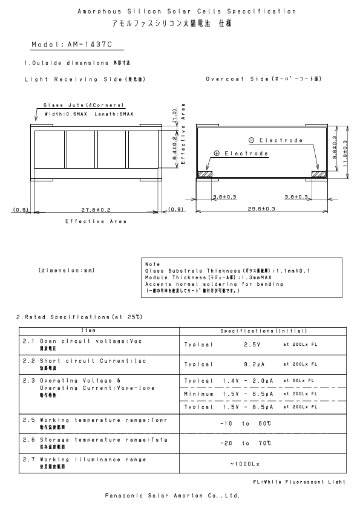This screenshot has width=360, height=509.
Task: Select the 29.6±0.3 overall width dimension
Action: point(261,209)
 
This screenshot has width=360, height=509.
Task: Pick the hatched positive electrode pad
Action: point(206,174)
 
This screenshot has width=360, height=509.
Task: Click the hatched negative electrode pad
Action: point(318,174)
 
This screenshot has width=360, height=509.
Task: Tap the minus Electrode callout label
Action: point(275,140)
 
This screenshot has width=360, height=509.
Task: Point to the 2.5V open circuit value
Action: point(252,344)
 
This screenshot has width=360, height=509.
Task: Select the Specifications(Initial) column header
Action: point(264,331)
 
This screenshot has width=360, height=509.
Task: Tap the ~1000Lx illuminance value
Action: point(244,464)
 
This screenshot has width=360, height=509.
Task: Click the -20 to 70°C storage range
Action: point(244,443)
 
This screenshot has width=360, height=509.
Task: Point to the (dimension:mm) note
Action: point(66,270)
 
